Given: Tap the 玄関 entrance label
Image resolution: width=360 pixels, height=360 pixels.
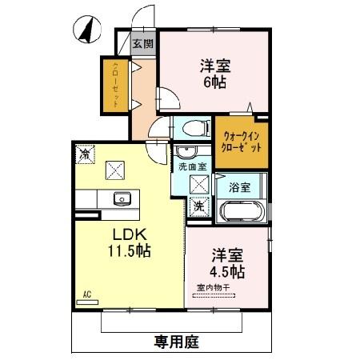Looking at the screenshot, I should (142, 45).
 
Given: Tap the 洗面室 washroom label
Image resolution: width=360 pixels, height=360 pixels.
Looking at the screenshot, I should (192, 167).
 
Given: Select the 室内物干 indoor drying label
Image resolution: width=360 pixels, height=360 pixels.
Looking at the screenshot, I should (210, 288).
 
